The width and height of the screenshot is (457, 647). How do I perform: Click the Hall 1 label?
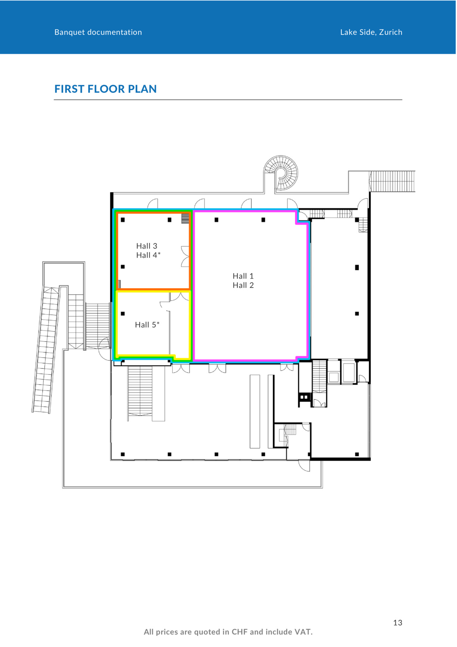point(243,276)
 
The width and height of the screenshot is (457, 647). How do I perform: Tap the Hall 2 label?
point(243,285)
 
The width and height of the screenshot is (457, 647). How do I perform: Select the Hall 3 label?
point(147,246)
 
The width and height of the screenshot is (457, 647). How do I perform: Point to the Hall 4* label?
point(148,255)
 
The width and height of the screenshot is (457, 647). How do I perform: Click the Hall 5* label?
point(147,325)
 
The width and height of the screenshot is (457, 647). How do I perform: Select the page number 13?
point(398,623)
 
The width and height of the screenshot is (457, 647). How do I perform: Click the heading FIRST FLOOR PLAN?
point(105,89)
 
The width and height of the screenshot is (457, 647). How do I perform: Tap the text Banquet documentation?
point(98,32)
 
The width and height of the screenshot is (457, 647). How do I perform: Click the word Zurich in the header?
point(391,32)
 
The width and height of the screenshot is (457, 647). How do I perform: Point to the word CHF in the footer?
point(240,632)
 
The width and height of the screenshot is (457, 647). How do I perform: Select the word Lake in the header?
point(349,32)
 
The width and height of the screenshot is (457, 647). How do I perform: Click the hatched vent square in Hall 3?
point(185,219)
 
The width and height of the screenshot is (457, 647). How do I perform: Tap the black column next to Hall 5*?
point(123,314)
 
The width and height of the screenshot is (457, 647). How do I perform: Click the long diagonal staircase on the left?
point(46,350)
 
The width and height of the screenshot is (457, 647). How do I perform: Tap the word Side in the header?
point(368,32)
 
